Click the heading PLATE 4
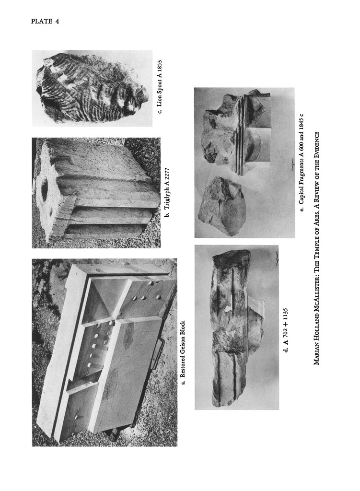click(x=45, y=22)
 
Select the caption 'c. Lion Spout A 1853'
click(x=160, y=87)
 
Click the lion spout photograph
click(x=92, y=88)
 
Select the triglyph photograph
click(x=96, y=193)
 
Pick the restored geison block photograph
click(x=105, y=352)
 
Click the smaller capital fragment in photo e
click(x=221, y=205)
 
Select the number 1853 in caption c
click(x=160, y=67)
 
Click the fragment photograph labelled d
click(x=237, y=327)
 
